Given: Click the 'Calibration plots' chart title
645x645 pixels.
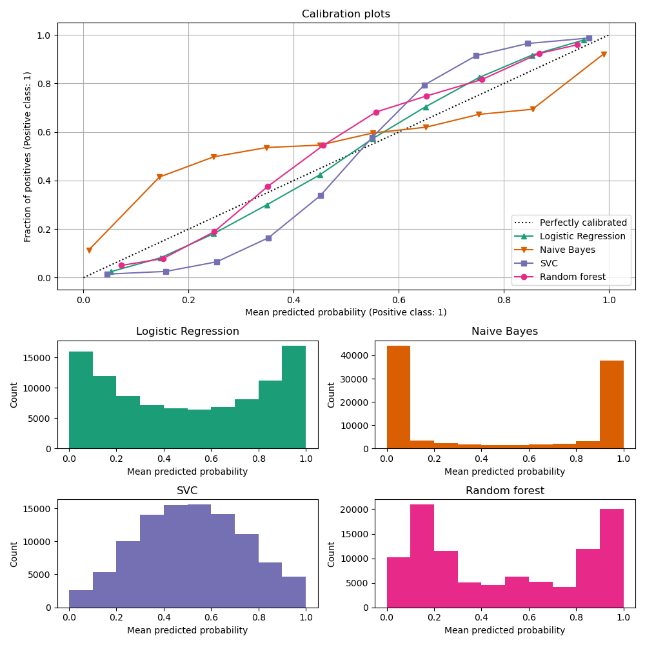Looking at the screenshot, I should (x=346, y=14).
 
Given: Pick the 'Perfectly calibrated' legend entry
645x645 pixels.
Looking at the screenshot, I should (x=583, y=223).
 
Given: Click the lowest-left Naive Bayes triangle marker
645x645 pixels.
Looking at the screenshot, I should (x=89, y=250).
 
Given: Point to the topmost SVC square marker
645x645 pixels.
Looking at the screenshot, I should (x=588, y=38).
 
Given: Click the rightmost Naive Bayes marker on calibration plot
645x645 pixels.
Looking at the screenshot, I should (x=604, y=54).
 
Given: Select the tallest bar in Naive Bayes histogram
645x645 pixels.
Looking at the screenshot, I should (x=399, y=397).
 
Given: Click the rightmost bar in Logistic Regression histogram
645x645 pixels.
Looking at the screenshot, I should (x=293, y=397).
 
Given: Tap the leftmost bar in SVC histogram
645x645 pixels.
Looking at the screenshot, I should (x=81, y=599).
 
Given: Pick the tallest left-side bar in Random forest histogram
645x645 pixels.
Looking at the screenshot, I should (x=422, y=556).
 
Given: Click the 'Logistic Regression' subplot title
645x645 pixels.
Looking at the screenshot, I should (x=188, y=332).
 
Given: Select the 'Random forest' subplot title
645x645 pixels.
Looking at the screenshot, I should (x=505, y=491).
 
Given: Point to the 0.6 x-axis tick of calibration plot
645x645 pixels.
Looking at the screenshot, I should (x=399, y=300).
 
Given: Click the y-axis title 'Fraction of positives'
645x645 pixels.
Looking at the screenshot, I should (x=28, y=156).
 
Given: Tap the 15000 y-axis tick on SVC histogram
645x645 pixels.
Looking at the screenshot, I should (x=39, y=509).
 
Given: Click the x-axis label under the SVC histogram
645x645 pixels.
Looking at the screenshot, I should (x=188, y=630).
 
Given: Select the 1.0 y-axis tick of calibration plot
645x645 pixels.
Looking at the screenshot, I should (x=43, y=35).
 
